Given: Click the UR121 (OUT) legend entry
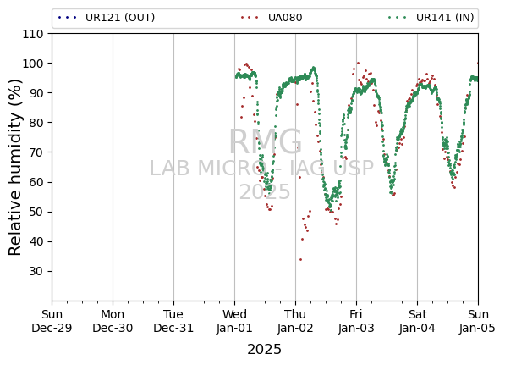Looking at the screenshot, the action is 107,18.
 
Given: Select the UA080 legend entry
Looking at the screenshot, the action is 272,18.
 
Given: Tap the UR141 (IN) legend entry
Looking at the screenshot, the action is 431,18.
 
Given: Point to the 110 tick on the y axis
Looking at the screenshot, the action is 32,34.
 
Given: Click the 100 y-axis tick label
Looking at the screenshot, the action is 32,64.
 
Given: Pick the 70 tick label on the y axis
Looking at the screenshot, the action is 36,152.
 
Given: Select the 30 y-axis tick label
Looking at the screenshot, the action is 36,272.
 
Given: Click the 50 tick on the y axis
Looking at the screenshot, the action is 36,213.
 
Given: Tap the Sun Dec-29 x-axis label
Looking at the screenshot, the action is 52,321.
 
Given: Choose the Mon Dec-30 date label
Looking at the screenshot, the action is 113,321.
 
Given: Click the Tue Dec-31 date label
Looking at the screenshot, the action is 173,321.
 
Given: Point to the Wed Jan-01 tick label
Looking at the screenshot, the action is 234,321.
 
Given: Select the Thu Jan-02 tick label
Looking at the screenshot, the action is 295,321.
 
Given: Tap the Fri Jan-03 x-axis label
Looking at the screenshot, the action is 356,321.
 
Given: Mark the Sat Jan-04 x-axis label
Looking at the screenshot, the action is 417,321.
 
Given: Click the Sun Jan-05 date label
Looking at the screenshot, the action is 478,321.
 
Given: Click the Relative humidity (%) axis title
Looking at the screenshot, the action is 15,168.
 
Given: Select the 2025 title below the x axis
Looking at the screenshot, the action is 265,350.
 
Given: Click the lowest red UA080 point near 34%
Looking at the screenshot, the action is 300,259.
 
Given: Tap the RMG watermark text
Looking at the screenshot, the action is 266,142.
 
